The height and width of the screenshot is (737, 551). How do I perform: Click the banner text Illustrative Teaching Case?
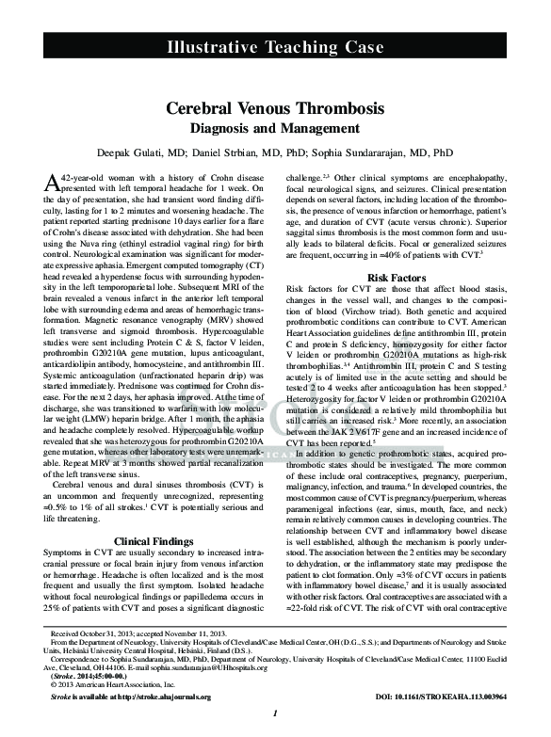click(275, 47)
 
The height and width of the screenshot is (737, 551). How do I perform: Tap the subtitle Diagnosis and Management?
click(275, 128)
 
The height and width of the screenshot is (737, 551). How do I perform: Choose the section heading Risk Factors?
click(397, 278)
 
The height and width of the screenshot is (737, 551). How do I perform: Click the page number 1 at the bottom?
click(274, 713)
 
